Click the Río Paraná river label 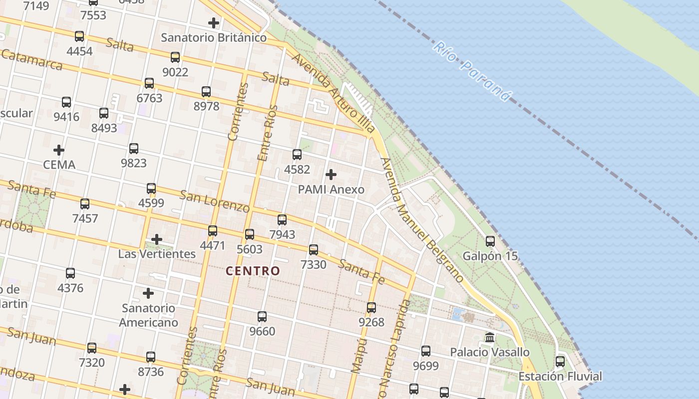tap(472, 71)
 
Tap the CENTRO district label tap(253, 271)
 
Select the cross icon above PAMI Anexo tap(331, 175)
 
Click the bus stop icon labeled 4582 tap(297, 155)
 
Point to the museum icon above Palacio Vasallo tap(490, 337)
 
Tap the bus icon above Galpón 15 tap(490, 241)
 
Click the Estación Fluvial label tap(560, 376)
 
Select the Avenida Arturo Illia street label tap(333, 93)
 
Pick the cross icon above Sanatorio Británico tap(214, 22)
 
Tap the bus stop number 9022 tap(175, 72)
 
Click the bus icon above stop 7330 tap(314, 250)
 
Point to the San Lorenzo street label tap(214, 200)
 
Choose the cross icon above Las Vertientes tap(157, 239)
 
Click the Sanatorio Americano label tap(149, 315)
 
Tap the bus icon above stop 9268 tap(371, 308)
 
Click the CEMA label tap(59, 165)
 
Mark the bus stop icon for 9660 tap(262, 317)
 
